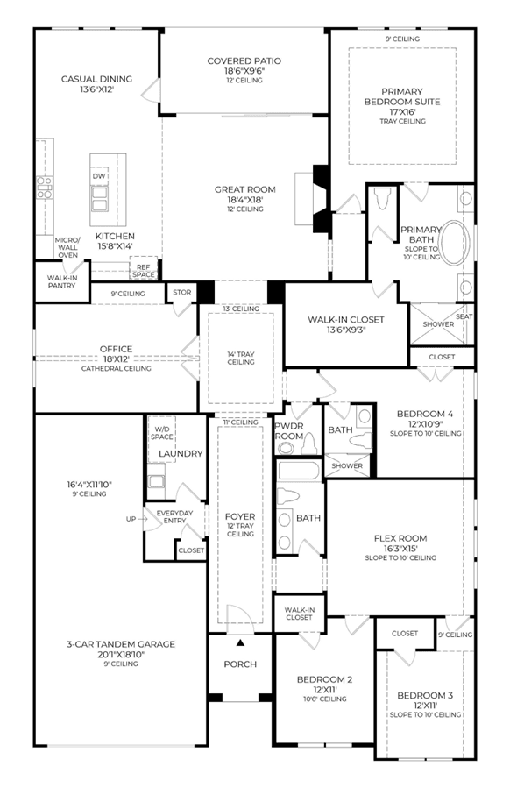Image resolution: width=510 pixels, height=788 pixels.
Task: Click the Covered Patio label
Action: pyautogui.click(x=244, y=60)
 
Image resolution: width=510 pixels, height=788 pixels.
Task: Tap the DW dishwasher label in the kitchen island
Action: pyautogui.click(x=99, y=176)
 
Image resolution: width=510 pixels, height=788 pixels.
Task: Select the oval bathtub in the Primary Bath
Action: pyautogui.click(x=455, y=242)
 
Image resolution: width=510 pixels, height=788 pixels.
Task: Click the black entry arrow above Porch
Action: pyautogui.click(x=241, y=642)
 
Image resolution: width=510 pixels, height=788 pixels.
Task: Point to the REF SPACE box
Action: pyautogui.click(x=144, y=270)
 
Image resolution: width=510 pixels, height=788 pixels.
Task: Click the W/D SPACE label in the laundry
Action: pyautogui.click(x=162, y=433)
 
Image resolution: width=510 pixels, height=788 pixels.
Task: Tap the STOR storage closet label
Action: pyautogui.click(x=182, y=292)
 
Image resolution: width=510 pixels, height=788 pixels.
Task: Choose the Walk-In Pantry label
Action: pyautogui.click(x=61, y=281)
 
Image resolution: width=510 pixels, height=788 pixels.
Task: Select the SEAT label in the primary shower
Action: pyautogui.click(x=464, y=316)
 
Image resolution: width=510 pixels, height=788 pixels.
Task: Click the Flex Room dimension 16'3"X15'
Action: pyautogui.click(x=400, y=549)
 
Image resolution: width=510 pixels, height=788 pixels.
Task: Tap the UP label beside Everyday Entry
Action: pyautogui.click(x=131, y=519)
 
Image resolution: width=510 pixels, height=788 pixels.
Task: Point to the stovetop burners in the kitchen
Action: pyautogui.click(x=45, y=187)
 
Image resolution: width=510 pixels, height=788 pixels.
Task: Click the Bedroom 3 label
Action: pyautogui.click(x=425, y=696)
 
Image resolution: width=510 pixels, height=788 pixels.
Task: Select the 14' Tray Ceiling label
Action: pyautogui.click(x=241, y=358)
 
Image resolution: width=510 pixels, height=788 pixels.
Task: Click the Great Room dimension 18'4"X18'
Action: pyautogui.click(x=245, y=200)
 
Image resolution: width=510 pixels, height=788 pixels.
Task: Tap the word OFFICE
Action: pyautogui.click(x=116, y=349)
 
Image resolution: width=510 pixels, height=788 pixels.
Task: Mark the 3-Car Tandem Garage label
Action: pyautogui.click(x=121, y=643)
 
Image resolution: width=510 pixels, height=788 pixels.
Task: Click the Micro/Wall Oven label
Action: pyautogui.click(x=67, y=247)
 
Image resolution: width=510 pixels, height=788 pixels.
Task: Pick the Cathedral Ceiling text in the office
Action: pyautogui.click(x=116, y=368)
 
